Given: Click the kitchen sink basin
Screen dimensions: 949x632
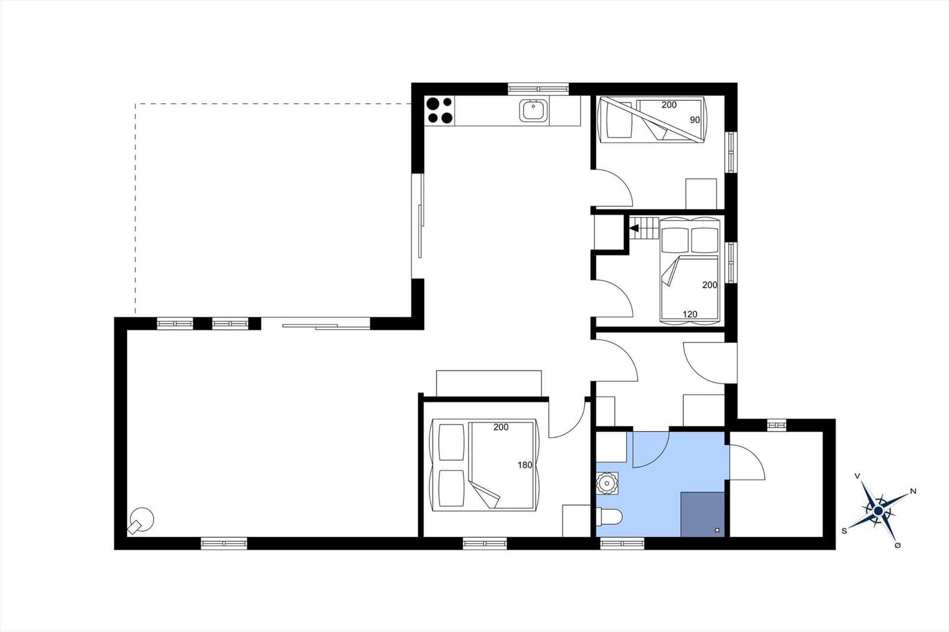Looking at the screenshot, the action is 533,110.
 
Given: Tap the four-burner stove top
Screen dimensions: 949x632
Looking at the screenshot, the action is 440,110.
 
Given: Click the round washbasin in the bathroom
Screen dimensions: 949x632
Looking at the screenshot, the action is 607,484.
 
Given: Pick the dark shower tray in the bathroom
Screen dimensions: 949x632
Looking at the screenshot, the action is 702,514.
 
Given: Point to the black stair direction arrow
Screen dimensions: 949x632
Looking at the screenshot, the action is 634,228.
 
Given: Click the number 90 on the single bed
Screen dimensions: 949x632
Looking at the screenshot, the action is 695,120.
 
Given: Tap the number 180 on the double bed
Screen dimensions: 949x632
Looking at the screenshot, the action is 524,465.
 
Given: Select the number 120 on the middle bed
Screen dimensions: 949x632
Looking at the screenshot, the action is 690,314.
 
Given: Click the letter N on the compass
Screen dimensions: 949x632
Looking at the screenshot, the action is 913,491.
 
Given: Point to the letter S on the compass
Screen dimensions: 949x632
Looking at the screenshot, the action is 844,531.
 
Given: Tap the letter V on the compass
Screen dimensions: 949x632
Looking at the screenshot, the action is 857,476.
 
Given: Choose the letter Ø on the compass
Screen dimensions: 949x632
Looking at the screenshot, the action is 897,545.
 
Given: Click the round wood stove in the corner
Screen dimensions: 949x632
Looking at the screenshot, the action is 142,520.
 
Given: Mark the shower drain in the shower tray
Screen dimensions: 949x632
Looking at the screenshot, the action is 717,530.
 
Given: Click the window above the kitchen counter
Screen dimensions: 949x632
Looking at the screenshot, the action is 538,89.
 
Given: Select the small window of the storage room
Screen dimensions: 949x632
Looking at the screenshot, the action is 776,425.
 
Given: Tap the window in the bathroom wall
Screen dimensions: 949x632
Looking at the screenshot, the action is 622,543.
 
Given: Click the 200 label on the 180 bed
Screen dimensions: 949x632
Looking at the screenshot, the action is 501,427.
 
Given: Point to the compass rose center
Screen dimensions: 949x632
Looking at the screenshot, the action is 878,511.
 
